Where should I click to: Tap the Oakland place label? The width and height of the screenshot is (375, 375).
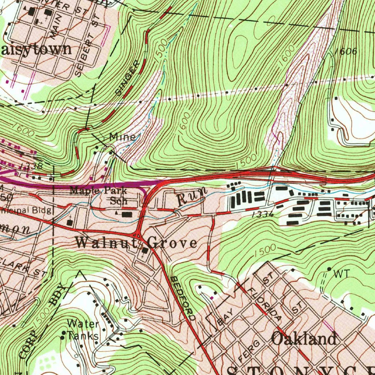pos(304,339)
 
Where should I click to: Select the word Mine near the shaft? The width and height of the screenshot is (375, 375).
pos(122,137)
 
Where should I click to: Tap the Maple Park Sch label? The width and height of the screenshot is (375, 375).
pos(99,195)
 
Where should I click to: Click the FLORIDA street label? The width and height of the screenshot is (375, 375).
pos(264,304)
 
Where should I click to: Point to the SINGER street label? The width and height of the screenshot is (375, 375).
pos(128,78)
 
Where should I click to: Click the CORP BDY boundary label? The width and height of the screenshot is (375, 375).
pos(44,322)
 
